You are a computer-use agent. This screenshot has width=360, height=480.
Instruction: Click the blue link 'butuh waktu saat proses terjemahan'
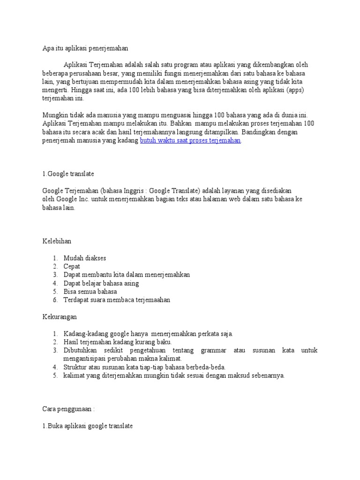point(190,140)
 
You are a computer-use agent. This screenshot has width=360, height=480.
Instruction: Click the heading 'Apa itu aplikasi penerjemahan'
point(85,48)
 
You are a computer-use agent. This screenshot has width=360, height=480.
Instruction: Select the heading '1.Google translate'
point(68,174)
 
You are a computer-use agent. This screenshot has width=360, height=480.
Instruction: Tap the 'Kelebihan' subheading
point(57,241)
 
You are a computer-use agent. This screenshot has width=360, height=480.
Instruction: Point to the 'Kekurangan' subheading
point(60,317)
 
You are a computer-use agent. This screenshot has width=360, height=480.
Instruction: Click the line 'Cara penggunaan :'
point(68,409)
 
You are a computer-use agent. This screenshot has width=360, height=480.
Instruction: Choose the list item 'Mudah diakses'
point(85,258)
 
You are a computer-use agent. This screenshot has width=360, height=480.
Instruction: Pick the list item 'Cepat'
point(72,266)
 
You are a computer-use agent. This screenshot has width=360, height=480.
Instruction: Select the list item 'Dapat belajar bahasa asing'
point(101,283)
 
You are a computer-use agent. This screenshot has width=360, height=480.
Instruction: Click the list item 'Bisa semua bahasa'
point(90,292)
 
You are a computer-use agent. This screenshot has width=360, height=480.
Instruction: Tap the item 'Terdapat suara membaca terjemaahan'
point(117,300)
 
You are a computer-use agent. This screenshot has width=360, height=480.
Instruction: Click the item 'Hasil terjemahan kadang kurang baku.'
point(118,342)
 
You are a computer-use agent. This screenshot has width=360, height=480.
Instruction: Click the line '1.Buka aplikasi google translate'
point(88,426)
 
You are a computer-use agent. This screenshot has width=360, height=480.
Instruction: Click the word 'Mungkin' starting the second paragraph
point(55,115)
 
